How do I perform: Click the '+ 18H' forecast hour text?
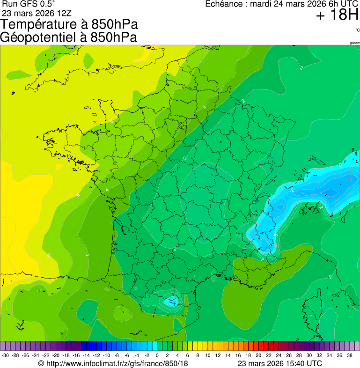(x=337, y=15)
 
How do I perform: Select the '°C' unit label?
(x=357, y=30)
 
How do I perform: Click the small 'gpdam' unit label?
(x=354, y=43)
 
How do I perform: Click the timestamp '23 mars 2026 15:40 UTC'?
(x=279, y=363)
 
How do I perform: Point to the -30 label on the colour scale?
(x=6, y=355)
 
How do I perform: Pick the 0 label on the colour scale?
(x=157, y=355)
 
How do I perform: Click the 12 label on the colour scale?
(x=218, y=355)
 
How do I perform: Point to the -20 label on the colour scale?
(x=56, y=355)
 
